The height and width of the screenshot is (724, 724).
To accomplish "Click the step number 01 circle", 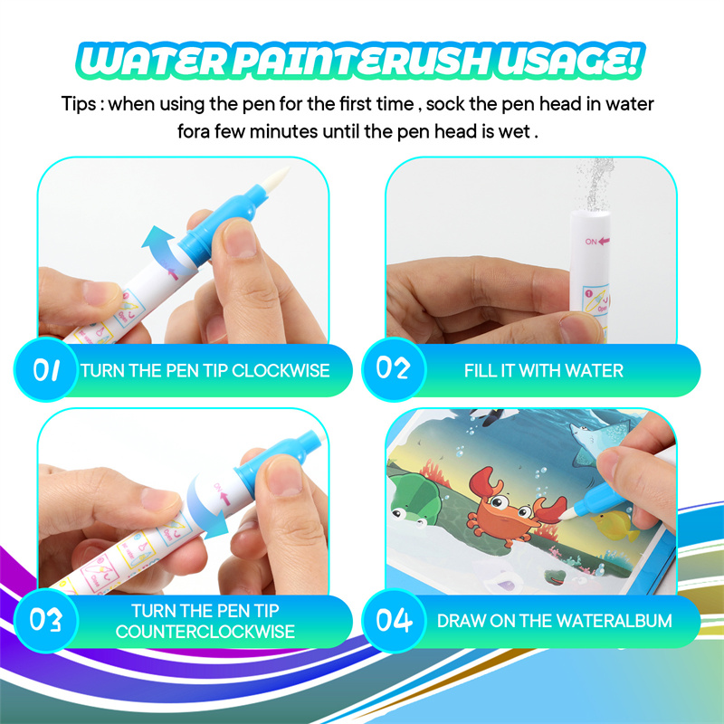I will click(x=46, y=370).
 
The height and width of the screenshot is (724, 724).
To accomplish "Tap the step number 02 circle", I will click(x=393, y=370).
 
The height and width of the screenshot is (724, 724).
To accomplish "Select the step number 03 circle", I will click(x=46, y=621).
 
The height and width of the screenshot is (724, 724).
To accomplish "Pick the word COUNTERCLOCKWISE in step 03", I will click(x=205, y=632).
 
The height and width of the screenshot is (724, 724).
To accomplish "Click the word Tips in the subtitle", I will click(x=80, y=104).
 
